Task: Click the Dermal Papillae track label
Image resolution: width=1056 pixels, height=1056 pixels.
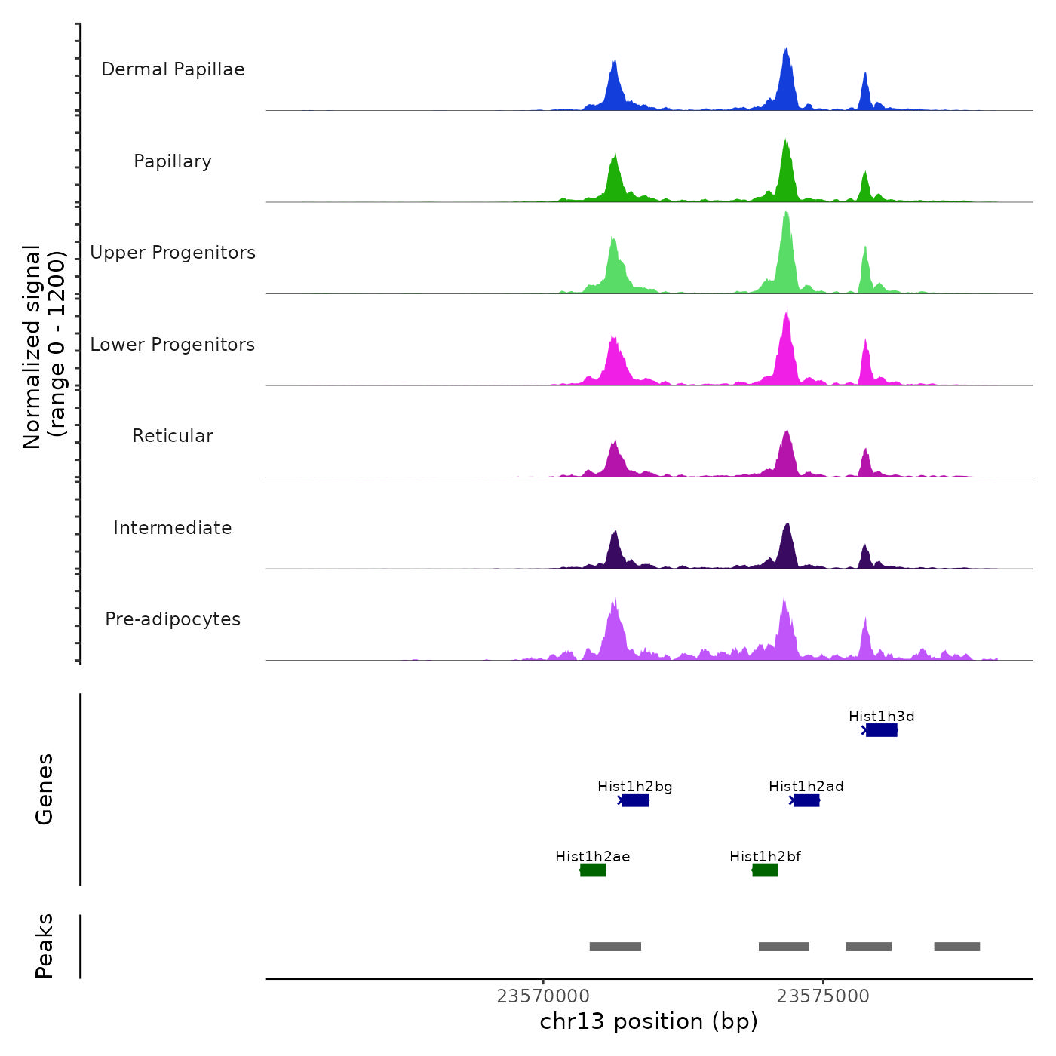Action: [x=173, y=69]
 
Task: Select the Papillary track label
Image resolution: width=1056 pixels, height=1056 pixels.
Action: [x=173, y=161]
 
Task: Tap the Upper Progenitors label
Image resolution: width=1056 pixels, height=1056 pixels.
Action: [x=173, y=253]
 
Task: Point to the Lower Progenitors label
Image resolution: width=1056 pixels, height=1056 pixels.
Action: [x=173, y=345]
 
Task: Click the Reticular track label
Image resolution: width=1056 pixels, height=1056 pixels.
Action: [x=173, y=436]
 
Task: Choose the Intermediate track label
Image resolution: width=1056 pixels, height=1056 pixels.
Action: [x=173, y=528]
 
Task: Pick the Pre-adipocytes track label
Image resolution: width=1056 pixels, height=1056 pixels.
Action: [x=173, y=619]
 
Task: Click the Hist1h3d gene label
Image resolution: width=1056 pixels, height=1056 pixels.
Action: [x=881, y=716]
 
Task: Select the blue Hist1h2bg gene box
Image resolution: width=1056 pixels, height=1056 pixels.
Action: [x=635, y=800]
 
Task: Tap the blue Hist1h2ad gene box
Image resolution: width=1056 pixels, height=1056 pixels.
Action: [x=806, y=800]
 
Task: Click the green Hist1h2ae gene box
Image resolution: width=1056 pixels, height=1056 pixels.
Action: [x=593, y=870]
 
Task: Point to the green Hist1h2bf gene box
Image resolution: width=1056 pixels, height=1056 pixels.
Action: [x=765, y=870]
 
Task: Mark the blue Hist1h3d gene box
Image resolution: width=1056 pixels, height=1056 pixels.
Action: [x=881, y=730]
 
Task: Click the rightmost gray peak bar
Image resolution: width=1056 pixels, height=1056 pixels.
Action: [x=956, y=947]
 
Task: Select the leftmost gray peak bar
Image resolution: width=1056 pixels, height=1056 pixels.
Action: [x=615, y=947]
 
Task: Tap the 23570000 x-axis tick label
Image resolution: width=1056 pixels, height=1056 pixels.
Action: [x=543, y=996]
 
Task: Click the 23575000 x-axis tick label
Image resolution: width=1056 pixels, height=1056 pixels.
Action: [x=823, y=996]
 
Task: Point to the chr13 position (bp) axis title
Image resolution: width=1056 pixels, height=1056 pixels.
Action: [x=649, y=1021]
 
